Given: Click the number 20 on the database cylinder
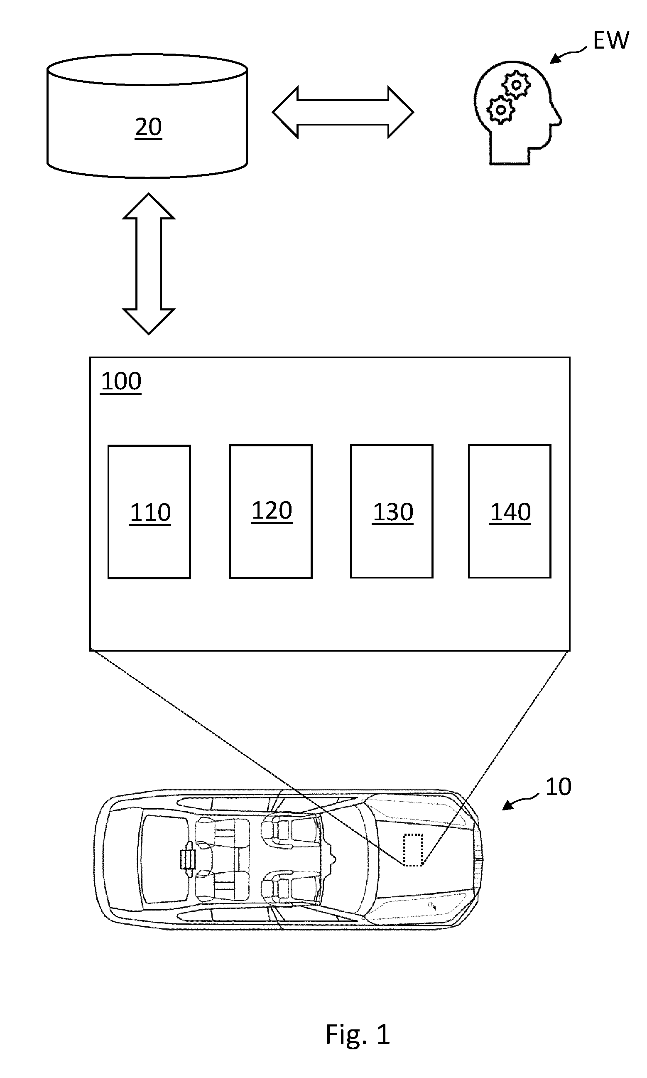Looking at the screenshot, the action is [x=148, y=128].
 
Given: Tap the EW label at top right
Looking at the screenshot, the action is [x=611, y=40].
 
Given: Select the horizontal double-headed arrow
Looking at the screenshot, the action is [x=343, y=112].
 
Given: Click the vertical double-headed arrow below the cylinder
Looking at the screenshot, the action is [x=149, y=263].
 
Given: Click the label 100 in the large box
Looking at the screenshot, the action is [x=121, y=381].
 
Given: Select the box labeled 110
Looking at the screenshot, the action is [x=149, y=512].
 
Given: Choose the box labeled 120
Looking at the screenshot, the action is [x=271, y=511].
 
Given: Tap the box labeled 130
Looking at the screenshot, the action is [x=392, y=511].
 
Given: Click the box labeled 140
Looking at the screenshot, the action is [x=510, y=511].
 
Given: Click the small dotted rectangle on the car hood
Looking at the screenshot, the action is [x=413, y=850].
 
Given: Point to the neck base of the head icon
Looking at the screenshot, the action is [x=510, y=163].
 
